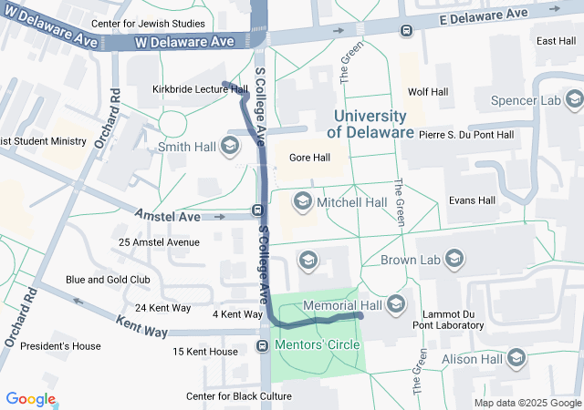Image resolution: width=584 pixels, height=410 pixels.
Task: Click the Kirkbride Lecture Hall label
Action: (x=200, y=89)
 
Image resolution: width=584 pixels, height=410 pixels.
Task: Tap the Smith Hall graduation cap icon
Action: (x=229, y=146)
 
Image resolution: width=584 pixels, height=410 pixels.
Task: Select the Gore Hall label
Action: (x=308, y=158)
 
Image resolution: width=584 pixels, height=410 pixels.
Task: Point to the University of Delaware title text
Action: (x=370, y=124)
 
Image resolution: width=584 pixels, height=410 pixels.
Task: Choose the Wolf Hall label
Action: (x=427, y=92)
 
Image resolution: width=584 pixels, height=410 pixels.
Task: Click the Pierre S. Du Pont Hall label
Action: (x=466, y=135)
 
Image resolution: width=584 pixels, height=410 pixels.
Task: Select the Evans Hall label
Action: (x=472, y=200)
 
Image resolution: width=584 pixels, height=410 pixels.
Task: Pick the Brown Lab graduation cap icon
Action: (x=455, y=261)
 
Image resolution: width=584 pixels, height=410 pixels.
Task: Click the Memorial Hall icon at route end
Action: (x=396, y=303)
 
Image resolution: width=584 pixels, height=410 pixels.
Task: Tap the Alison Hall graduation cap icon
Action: (x=516, y=358)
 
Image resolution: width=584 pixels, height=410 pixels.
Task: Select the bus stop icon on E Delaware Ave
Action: (x=406, y=28)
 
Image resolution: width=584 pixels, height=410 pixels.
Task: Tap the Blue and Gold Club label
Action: (x=108, y=280)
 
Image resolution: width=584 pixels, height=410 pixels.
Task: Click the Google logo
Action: (x=30, y=399)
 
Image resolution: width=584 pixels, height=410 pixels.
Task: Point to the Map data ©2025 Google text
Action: (x=527, y=403)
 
